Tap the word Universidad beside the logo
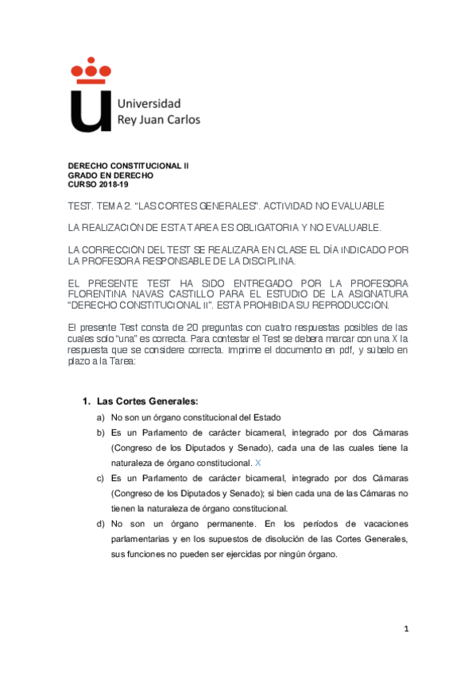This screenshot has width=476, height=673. click(x=149, y=104)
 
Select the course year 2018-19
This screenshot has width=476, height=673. click(x=116, y=184)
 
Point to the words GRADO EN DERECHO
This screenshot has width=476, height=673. click(x=110, y=175)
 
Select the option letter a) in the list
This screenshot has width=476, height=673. click(x=100, y=417)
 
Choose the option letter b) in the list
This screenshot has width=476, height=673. click(x=100, y=433)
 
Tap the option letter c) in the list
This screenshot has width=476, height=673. click(x=100, y=479)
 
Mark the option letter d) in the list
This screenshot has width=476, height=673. click(x=100, y=525)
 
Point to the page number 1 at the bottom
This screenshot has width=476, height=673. click(x=406, y=629)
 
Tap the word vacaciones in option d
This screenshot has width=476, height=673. click(x=377, y=525)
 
